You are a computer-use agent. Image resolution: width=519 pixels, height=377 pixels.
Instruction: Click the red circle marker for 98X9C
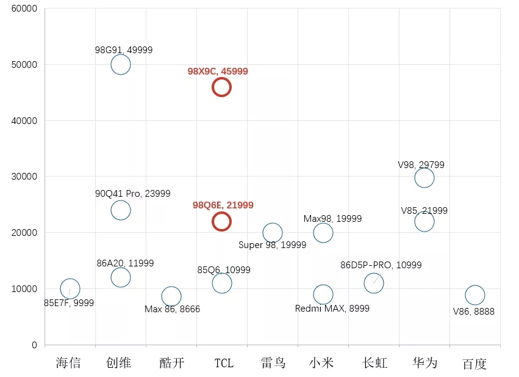[x=221, y=87]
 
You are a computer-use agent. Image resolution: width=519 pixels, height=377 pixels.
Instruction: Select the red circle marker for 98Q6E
[x=221, y=221]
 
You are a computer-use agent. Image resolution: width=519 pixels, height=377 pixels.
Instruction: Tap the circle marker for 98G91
[x=121, y=64]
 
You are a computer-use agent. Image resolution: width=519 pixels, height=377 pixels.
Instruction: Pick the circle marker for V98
[x=424, y=178]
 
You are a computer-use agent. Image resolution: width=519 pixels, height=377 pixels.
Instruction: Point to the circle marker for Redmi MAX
[x=323, y=295]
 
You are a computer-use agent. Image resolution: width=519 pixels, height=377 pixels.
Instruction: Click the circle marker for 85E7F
[x=70, y=288]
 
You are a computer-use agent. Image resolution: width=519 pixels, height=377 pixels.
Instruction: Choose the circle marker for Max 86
[x=171, y=296]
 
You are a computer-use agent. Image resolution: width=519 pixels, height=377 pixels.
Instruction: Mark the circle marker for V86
[x=474, y=295]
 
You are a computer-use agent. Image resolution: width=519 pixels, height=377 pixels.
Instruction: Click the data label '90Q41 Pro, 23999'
[x=132, y=194]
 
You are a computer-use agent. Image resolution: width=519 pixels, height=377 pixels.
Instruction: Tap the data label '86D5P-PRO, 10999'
[x=381, y=265]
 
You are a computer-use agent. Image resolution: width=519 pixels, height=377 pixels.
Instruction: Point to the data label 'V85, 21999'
[x=424, y=211]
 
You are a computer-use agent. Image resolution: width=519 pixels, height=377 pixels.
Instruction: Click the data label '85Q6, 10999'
[x=224, y=270]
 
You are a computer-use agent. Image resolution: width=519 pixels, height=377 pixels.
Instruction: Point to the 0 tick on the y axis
[x=34, y=345]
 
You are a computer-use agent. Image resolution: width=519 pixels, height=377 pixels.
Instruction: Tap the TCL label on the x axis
[x=223, y=363]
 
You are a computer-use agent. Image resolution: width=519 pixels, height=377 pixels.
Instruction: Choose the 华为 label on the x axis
[x=424, y=363]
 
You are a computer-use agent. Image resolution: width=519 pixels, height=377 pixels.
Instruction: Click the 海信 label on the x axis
[x=68, y=363]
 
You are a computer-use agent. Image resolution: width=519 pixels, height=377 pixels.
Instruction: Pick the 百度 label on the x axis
[x=474, y=364]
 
